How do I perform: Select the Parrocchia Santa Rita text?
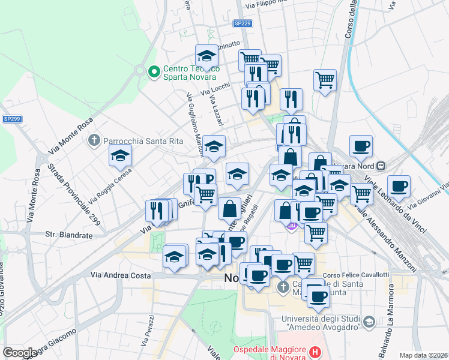pos(135,141)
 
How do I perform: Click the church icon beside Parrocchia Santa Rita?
pos(94,141)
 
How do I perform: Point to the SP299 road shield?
pos(12,119)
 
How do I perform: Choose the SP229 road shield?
pos(243,23)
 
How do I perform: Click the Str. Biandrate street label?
pos(69,235)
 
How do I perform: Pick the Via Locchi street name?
pos(215,88)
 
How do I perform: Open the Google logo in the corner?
pos(20,353)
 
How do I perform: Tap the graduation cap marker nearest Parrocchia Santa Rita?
pos(121,155)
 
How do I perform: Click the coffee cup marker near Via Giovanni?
pos(399,187)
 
